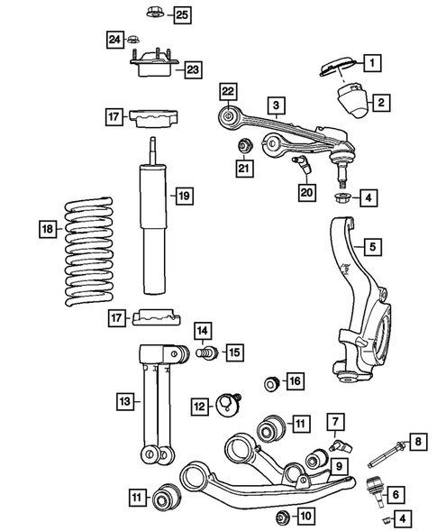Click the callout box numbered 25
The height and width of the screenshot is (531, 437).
182,14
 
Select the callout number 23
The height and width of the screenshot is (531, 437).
194,69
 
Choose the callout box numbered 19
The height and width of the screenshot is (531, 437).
184,196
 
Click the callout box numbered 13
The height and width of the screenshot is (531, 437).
126,398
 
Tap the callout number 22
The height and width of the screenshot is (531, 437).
228,89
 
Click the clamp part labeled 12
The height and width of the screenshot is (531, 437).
227,406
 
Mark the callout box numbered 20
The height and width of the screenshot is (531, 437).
306,190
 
